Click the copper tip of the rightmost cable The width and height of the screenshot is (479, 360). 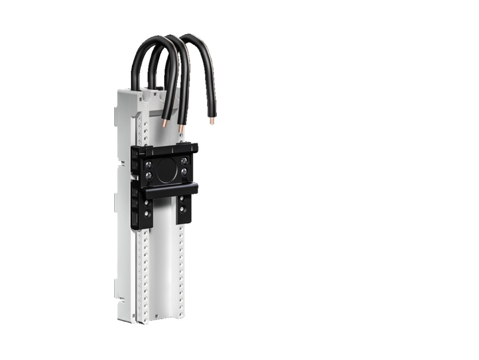212,120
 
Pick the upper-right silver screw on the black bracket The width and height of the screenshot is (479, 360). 184,161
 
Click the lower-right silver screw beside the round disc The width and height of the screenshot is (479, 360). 184,172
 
